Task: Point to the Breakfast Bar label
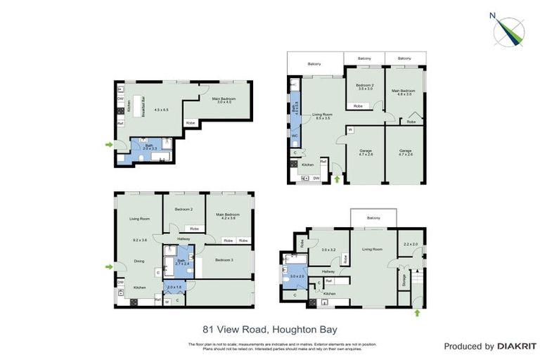143,106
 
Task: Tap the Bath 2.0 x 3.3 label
148,148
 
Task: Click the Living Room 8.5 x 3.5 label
322,116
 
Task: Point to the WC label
295,135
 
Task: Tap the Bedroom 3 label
224,260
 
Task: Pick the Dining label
139,262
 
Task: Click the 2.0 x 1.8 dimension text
174,288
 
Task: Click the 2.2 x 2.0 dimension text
411,244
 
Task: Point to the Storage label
404,280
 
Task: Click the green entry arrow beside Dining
108,266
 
